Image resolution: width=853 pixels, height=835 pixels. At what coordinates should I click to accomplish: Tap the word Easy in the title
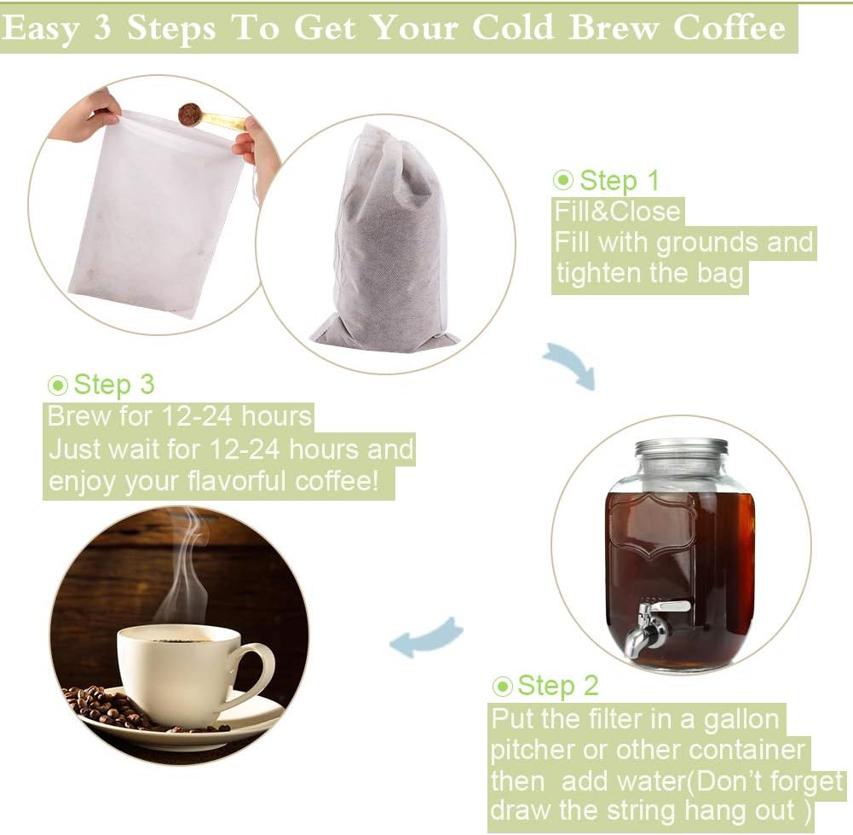click(42, 28)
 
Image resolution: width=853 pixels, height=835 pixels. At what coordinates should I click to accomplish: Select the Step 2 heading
click(558, 686)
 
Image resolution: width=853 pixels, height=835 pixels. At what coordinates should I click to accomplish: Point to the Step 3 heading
click(113, 385)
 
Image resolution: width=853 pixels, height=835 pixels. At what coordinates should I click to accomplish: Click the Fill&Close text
click(617, 212)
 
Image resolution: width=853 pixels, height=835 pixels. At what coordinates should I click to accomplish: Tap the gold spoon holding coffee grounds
click(209, 118)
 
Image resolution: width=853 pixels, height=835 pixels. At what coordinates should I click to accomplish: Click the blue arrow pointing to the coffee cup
click(426, 639)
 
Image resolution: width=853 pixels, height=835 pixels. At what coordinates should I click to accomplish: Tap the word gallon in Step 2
click(741, 719)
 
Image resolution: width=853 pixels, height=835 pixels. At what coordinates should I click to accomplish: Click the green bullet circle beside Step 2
click(503, 687)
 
